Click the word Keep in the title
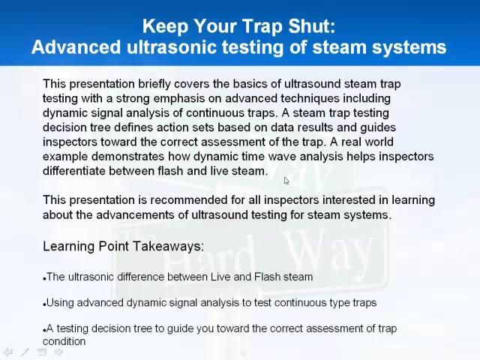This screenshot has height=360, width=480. [165, 26]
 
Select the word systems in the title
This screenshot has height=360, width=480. [409, 47]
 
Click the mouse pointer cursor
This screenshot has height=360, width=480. [286, 180]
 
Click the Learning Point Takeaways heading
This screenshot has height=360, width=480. [123, 246]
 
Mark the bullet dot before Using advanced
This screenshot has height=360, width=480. [45, 304]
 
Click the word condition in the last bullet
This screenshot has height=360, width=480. [64, 341]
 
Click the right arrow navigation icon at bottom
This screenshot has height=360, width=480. [58, 351]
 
